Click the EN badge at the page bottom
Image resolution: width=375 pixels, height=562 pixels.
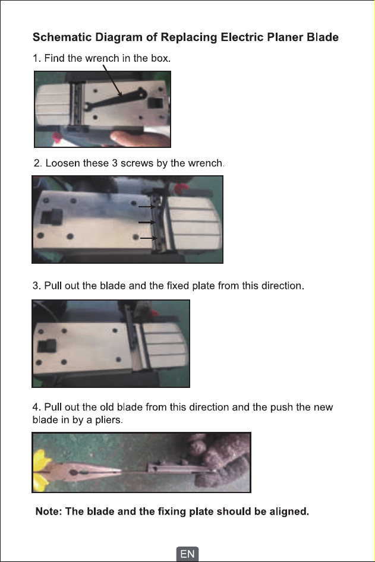pos(187,554)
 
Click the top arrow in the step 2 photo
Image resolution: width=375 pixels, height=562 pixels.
pos(147,207)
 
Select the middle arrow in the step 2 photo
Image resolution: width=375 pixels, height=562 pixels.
pos(147,222)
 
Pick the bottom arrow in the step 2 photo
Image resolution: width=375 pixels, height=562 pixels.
pos(149,238)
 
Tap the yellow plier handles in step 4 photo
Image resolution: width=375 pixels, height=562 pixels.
pos(40,469)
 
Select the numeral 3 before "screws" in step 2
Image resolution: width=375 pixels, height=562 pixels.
pos(114,163)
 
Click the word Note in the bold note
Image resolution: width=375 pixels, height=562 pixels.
pos(48,511)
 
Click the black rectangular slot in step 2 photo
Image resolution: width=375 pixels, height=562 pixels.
pos(52,217)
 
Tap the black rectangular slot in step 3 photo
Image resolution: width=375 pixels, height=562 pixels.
pos(47,346)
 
